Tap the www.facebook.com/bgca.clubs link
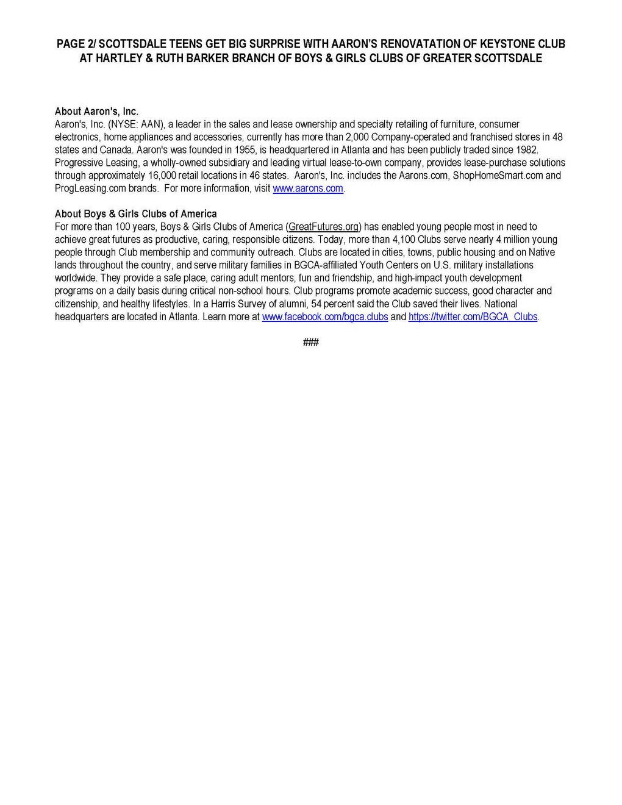pyautogui.click(x=325, y=317)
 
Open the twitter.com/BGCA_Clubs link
pyautogui.click(x=473, y=317)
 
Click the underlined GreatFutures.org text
pyautogui.click(x=324, y=227)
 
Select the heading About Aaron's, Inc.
pyautogui.click(x=97, y=112)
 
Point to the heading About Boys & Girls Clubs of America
pyautogui.click(x=136, y=214)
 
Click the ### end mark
pyautogui.click(x=311, y=343)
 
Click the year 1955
pyautogui.click(x=246, y=150)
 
